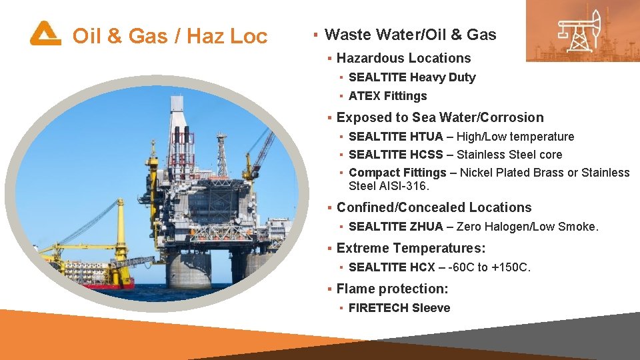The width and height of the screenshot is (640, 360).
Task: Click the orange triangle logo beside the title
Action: pos(45,33)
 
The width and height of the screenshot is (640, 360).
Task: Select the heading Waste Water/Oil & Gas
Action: pos(410,35)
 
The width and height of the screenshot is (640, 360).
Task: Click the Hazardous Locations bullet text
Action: pos(403,59)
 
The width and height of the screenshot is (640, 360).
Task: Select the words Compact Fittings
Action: pos(397,173)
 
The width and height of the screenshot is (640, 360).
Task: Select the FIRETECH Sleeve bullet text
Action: pos(399,308)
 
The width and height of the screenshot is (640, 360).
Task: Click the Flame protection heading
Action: pos(392,289)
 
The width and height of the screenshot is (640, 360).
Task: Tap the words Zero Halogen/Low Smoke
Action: pos(527,227)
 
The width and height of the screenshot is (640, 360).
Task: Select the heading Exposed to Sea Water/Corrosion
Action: pos(440,118)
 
